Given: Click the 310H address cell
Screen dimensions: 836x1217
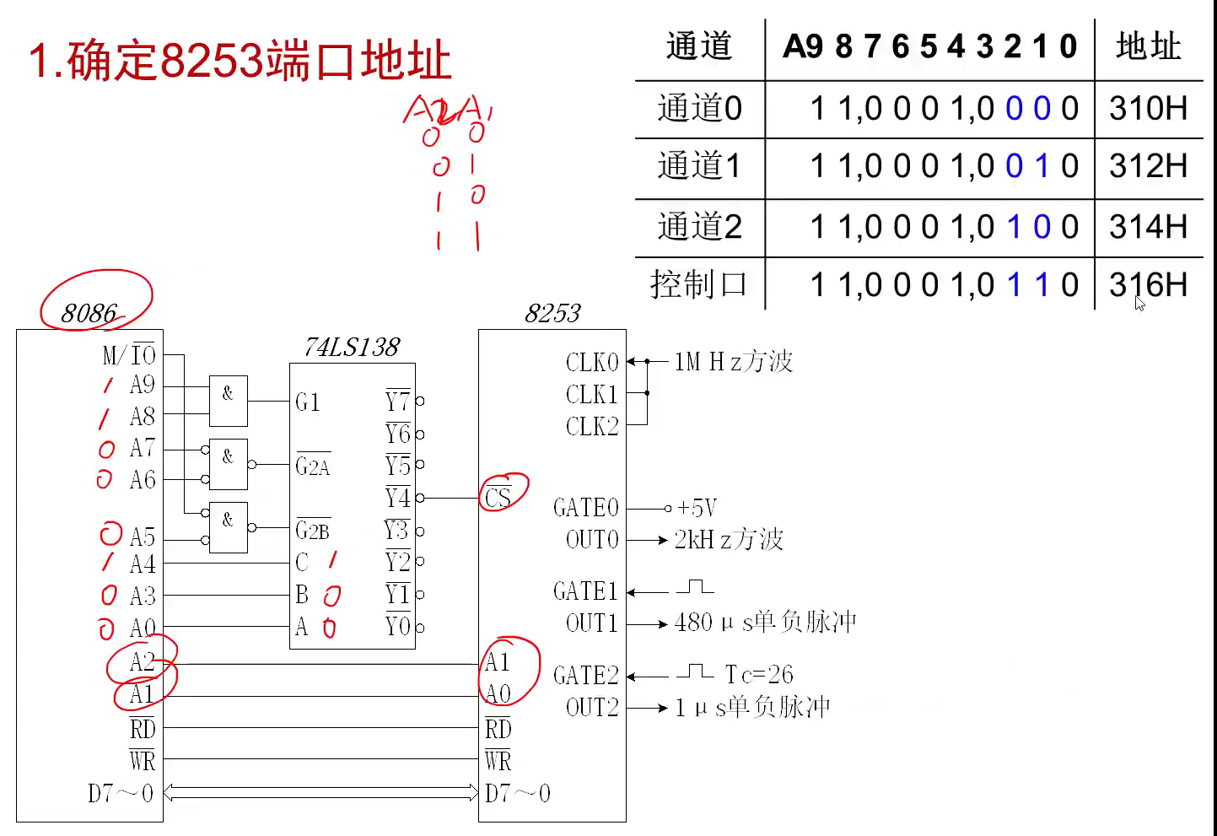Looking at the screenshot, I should pyautogui.click(x=1148, y=109).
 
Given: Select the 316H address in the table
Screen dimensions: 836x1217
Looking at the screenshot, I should pyautogui.click(x=1148, y=285).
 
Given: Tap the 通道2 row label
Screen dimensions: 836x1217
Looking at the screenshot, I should pyautogui.click(x=699, y=227).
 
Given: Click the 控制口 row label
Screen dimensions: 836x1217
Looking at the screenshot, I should pyautogui.click(x=698, y=285).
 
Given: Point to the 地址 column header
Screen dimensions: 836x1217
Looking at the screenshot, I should pyautogui.click(x=1148, y=46).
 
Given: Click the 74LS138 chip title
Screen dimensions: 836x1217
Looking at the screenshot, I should pyautogui.click(x=352, y=347).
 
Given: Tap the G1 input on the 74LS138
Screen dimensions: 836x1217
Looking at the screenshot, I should pyautogui.click(x=308, y=402).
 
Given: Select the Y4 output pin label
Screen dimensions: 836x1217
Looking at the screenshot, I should pyautogui.click(x=397, y=498).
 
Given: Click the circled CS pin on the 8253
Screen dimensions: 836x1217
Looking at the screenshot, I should pyautogui.click(x=498, y=497).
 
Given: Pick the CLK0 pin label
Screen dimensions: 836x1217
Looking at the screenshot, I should pyautogui.click(x=592, y=362).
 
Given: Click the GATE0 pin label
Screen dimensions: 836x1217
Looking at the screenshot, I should pyautogui.click(x=586, y=508).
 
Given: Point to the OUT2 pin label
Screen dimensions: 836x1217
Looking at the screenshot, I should pyautogui.click(x=592, y=707).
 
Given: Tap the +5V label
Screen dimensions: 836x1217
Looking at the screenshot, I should pyautogui.click(x=697, y=508).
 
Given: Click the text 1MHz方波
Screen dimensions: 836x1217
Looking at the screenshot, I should pyautogui.click(x=733, y=362).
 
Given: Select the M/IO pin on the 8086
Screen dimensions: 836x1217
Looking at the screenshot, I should pyautogui.click(x=129, y=355).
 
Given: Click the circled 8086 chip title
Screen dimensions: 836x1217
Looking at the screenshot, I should pyautogui.click(x=89, y=313).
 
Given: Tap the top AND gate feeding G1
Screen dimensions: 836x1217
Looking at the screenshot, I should pyautogui.click(x=229, y=401).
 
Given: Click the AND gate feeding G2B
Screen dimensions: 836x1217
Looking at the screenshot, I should pyautogui.click(x=229, y=528).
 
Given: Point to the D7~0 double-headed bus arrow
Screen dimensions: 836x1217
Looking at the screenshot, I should pyautogui.click(x=320, y=792).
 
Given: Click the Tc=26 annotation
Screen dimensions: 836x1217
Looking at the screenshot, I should pyautogui.click(x=759, y=674).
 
